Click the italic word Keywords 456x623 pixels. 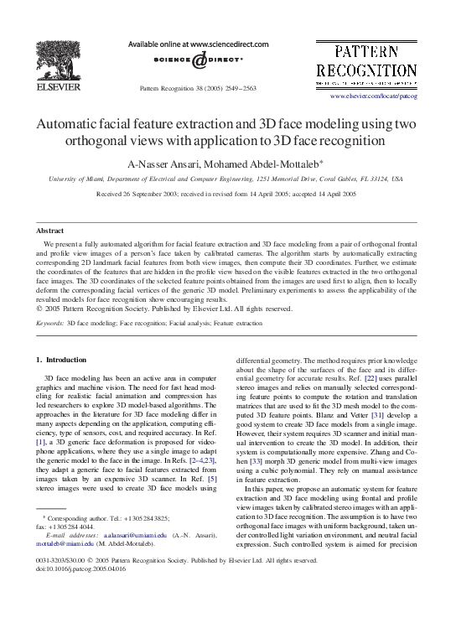pos(49,322)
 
